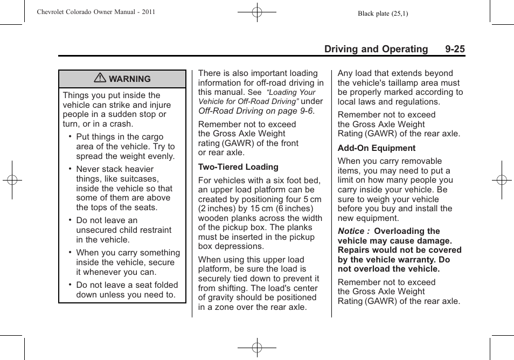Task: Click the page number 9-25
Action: click(455, 49)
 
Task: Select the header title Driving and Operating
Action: click(376, 49)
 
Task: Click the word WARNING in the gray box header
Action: click(130, 79)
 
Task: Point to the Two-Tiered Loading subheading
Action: click(238, 167)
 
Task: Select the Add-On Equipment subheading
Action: click(376, 148)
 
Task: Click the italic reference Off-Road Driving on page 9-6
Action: click(255, 111)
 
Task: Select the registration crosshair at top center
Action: click(257, 11)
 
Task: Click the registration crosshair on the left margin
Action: click(12, 180)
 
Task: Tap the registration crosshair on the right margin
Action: click(502, 180)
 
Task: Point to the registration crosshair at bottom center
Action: click(257, 348)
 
